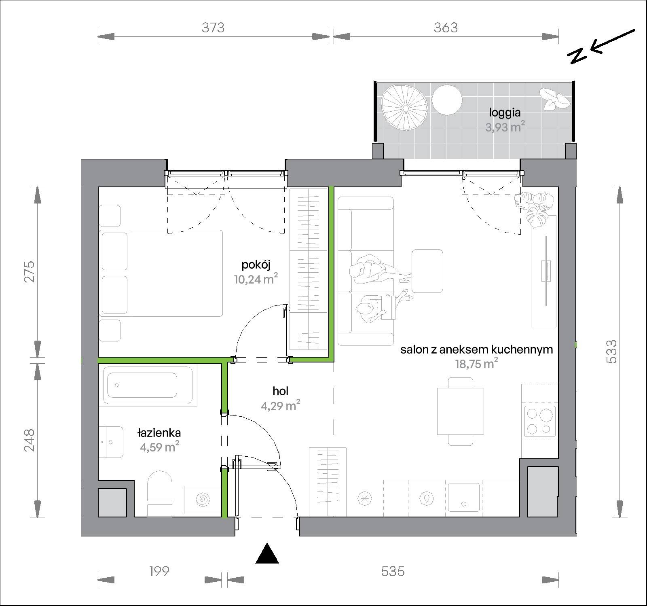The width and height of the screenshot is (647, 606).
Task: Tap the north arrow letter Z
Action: (577, 56)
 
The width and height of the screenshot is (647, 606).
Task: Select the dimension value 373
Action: (213, 28)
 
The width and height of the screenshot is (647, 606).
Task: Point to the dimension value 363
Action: (446, 28)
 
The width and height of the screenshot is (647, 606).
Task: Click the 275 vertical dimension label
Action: (29, 272)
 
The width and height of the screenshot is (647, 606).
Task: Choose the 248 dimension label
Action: (29, 441)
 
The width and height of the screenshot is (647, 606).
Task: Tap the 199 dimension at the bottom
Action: (159, 571)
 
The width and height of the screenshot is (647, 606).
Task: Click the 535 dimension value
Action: (393, 571)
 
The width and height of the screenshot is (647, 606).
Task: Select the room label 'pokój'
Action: (256, 265)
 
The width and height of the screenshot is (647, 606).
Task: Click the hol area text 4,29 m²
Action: (281, 405)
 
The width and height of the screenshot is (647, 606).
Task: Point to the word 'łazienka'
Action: (159, 433)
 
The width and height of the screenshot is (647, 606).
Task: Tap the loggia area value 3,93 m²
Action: (505, 127)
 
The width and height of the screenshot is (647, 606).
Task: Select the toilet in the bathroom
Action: (160, 493)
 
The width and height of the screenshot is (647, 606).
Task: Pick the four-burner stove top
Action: (540, 422)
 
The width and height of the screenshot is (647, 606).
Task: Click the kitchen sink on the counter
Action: (464, 498)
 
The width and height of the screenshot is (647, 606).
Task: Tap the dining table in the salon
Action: (461, 411)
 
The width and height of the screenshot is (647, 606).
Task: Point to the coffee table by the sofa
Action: (427, 271)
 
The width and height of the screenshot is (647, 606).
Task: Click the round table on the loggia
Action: (447, 101)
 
